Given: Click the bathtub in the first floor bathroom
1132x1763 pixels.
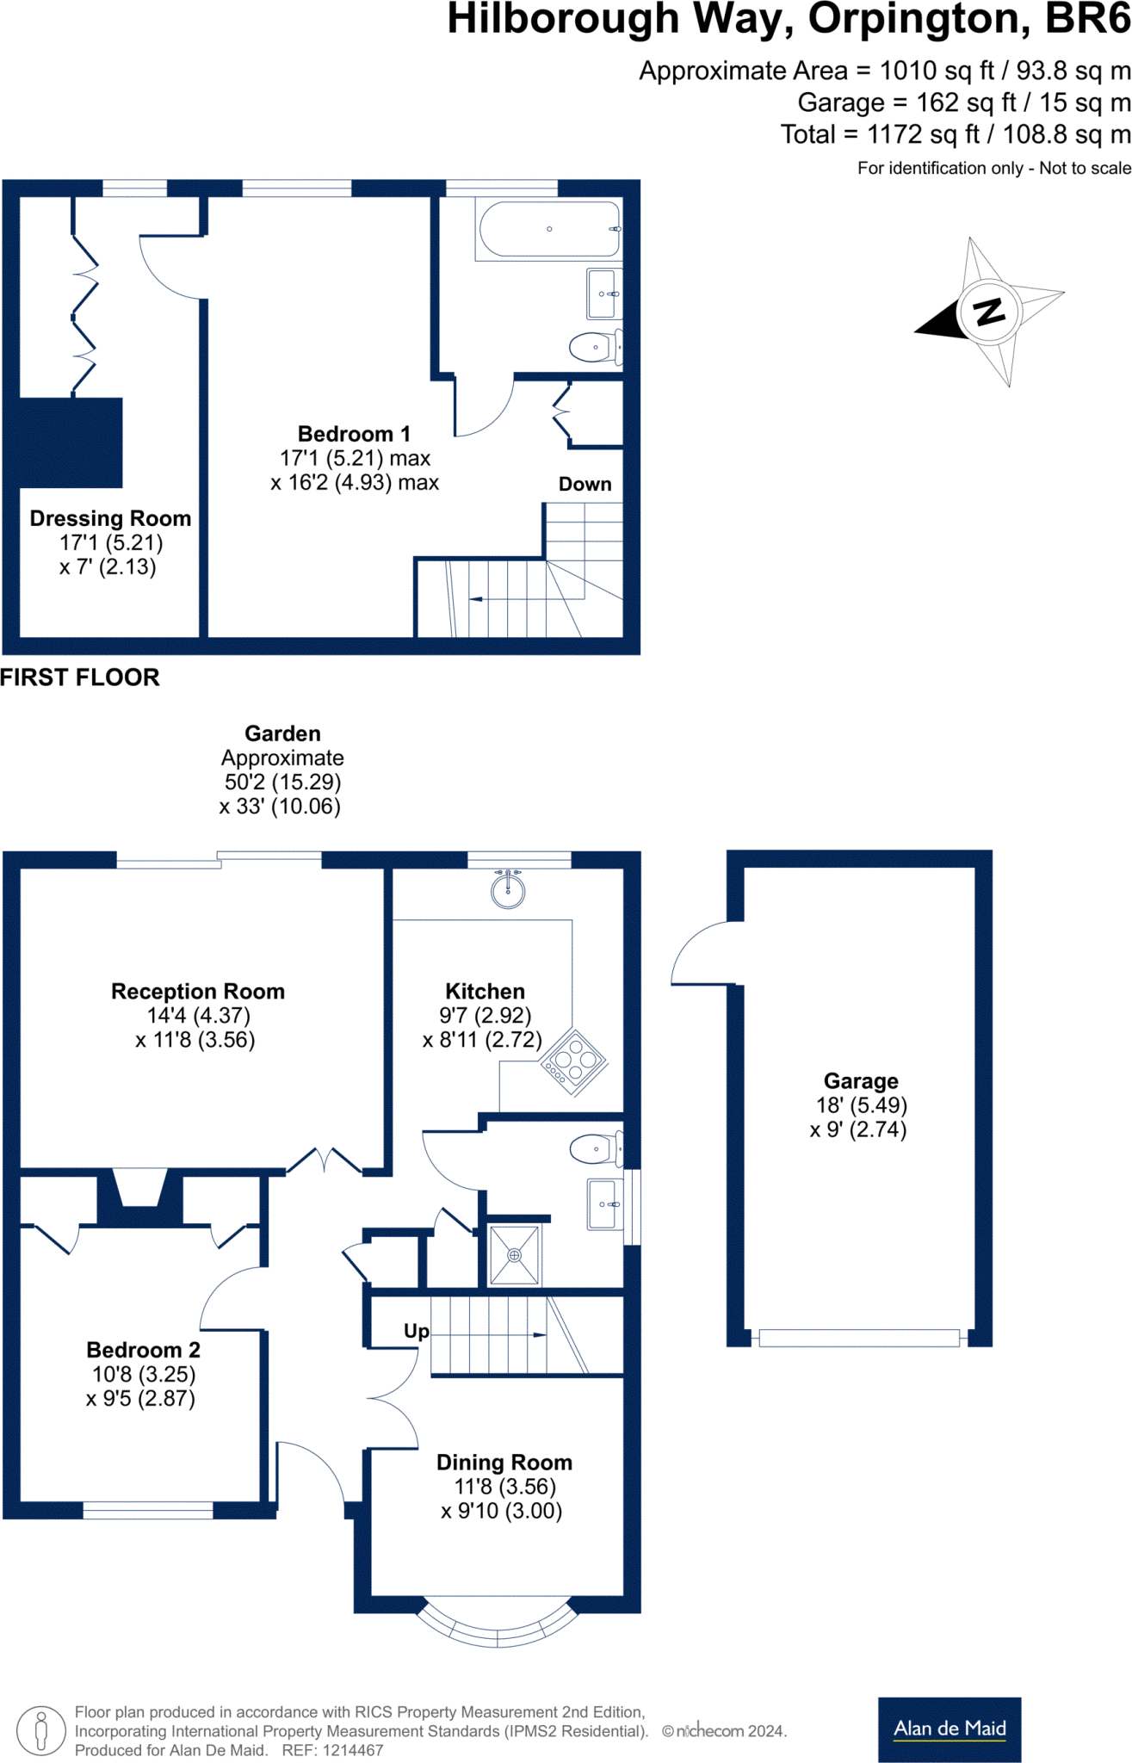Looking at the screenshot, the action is click(548, 229).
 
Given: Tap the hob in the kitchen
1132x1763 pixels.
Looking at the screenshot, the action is click(574, 1061).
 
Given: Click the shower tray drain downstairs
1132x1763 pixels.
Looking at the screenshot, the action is click(514, 1255).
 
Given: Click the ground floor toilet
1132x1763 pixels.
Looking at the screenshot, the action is click(596, 1148).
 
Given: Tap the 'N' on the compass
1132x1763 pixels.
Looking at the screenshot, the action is click(990, 311).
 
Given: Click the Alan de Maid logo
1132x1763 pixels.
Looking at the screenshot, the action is click(950, 1729).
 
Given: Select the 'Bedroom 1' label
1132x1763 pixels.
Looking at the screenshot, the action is click(354, 434).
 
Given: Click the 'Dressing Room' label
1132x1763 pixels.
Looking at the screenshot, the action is click(110, 518).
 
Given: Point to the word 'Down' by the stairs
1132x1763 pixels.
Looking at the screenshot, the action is click(585, 484).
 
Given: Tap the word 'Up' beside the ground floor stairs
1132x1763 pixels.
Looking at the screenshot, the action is click(417, 1332).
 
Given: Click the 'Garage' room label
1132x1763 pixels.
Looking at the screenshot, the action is click(861, 1080).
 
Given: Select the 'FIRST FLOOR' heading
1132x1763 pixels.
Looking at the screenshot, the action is click(80, 677).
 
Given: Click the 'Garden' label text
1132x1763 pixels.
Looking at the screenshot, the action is click(282, 733).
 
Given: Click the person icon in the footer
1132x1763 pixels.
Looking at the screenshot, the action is click(40, 1731).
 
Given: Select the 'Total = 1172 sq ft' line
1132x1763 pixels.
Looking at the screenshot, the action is click(956, 134).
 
